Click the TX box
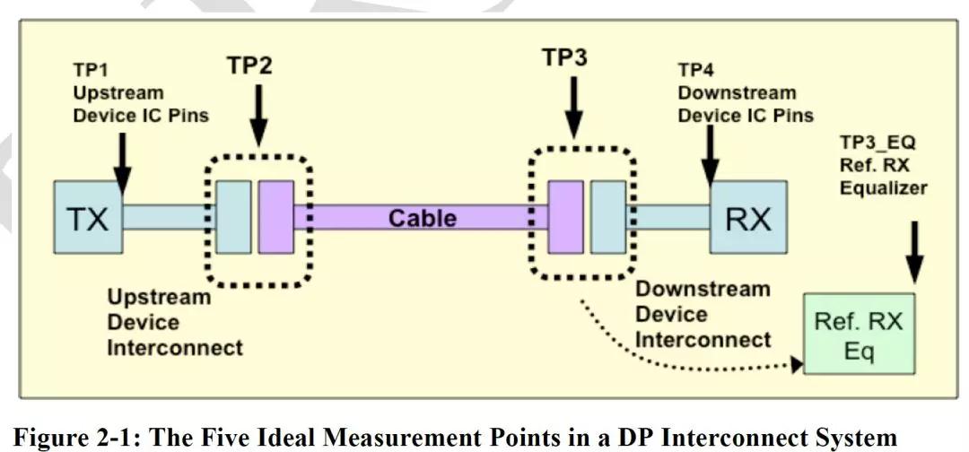tap(88, 217)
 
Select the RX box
tap(747, 217)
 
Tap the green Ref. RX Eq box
tap(859, 334)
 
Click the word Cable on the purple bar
tap(423, 218)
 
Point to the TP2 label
tap(249, 65)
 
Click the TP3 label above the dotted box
tap(565, 57)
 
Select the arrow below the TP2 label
tap(259, 115)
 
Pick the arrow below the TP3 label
tap(574, 107)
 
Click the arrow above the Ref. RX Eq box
tap(914, 252)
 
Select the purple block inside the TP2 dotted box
tap(275, 217)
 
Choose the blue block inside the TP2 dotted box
tap(234, 217)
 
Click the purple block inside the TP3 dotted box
tap(565, 217)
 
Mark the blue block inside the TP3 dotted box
tap(608, 217)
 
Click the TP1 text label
tap(141, 92)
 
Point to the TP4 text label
tap(746, 92)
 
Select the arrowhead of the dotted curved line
tap(797, 365)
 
